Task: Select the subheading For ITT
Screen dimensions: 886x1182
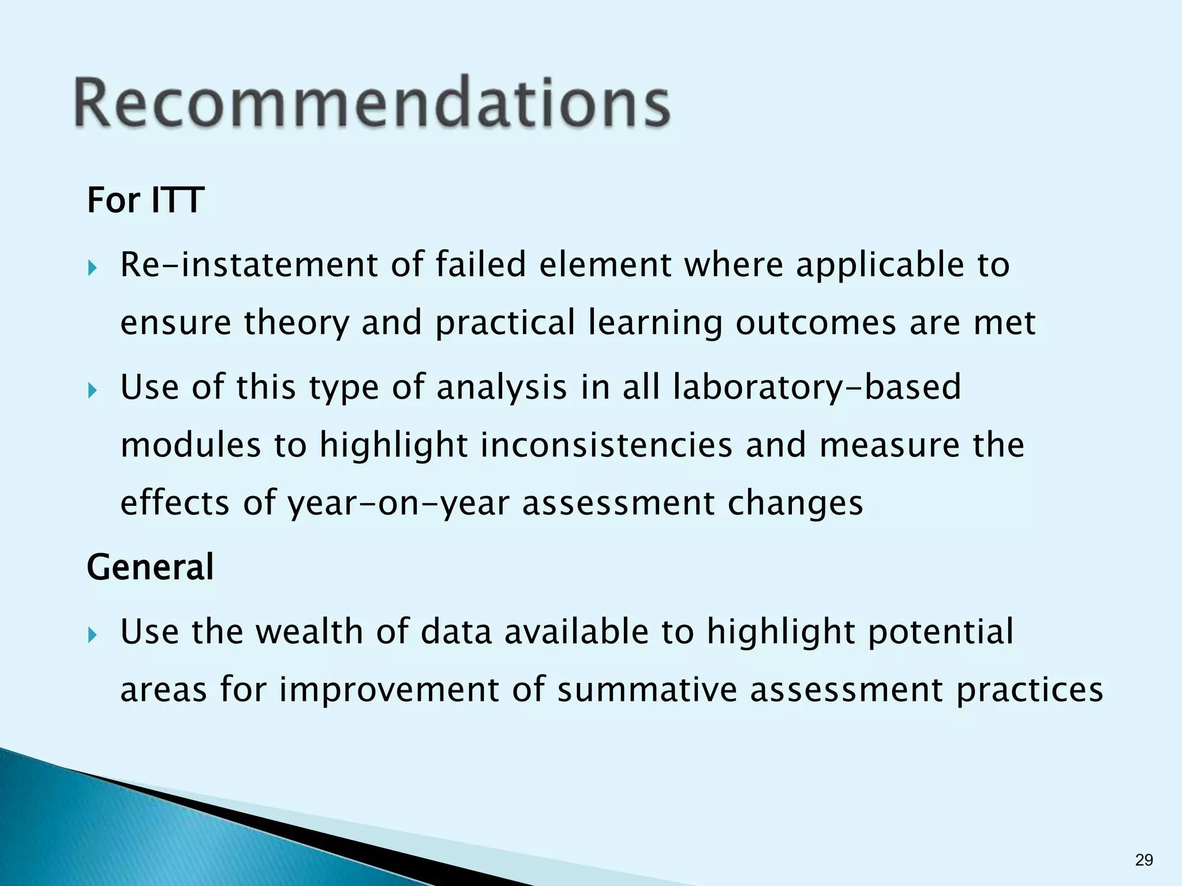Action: (x=145, y=200)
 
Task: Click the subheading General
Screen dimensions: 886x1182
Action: (x=150, y=566)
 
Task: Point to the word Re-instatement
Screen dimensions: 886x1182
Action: (x=249, y=265)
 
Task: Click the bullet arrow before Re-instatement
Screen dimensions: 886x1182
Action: (x=93, y=268)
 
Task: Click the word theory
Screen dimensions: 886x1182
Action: (x=297, y=323)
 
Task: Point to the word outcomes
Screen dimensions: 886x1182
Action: (x=816, y=322)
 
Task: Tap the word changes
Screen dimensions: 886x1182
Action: (x=795, y=504)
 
